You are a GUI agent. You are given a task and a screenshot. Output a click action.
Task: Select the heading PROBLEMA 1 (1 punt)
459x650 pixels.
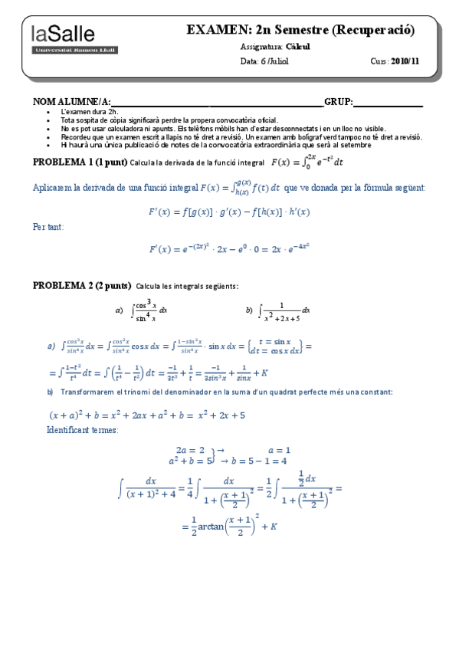click(80, 162)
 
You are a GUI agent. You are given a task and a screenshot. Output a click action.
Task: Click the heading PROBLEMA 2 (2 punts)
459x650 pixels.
click(81, 286)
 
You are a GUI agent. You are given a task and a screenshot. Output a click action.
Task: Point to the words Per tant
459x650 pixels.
click(49, 227)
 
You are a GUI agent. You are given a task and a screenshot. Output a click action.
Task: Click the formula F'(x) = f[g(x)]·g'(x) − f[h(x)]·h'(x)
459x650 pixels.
click(229, 210)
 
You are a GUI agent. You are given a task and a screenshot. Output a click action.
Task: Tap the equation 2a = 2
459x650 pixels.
click(190, 450)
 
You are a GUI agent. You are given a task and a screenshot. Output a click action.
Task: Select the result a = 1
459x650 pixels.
click(279, 450)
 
